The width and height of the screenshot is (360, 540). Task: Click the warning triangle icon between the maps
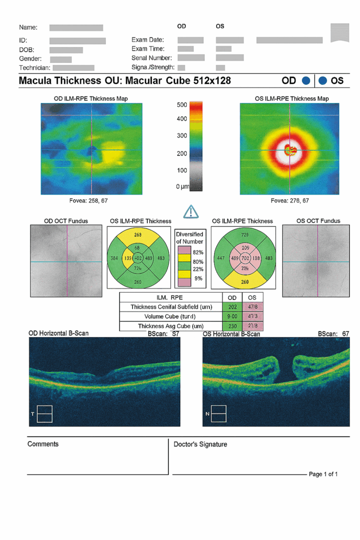point(190,211)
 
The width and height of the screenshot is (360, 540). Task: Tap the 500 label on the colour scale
point(181,105)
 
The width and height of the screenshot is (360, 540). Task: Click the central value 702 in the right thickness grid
point(245,258)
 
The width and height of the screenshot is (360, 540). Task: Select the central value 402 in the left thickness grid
point(138,258)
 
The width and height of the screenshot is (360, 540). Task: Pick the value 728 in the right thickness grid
point(245,234)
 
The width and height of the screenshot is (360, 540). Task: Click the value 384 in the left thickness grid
point(114,258)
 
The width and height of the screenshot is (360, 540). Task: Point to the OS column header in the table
point(251,297)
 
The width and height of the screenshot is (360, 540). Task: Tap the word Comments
point(43,444)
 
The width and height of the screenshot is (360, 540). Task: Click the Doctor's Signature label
point(200,445)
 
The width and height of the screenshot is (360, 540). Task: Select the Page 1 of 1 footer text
point(323,474)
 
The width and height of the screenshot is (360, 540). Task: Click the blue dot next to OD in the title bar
point(306,81)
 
